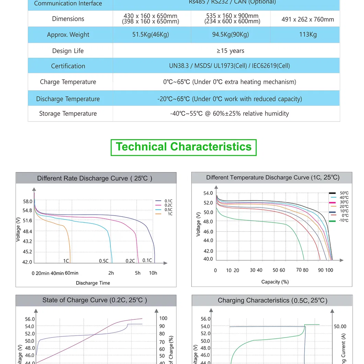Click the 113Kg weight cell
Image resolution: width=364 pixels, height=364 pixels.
(x=308, y=34)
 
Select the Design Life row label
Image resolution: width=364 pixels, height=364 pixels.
(x=68, y=51)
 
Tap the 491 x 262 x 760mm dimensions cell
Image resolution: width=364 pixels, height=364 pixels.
(x=308, y=19)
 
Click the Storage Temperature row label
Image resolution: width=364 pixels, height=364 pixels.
(x=68, y=114)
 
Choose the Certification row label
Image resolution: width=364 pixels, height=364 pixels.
(x=68, y=66)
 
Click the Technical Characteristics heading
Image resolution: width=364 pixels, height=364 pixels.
(x=184, y=147)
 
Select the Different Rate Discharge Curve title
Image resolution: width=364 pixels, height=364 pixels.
(x=95, y=178)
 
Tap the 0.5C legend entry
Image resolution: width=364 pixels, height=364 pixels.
(x=168, y=209)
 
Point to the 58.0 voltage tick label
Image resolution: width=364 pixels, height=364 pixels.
(x=27, y=201)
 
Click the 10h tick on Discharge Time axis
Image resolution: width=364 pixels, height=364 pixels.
(x=153, y=273)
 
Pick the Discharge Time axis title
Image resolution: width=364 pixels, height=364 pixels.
(x=93, y=283)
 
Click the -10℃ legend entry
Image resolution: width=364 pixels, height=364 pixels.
(x=343, y=220)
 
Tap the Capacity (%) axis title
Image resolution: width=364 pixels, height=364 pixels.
(x=275, y=282)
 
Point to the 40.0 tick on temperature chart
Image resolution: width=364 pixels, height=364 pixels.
(x=208, y=259)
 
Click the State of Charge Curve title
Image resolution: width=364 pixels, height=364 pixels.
(x=95, y=300)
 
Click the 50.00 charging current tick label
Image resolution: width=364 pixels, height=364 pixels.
(x=340, y=326)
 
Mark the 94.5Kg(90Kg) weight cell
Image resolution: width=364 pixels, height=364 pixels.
(x=230, y=34)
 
